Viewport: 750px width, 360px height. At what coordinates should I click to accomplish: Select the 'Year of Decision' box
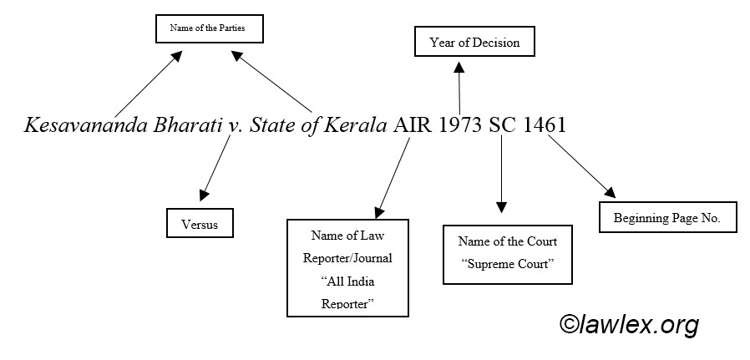[x=474, y=42]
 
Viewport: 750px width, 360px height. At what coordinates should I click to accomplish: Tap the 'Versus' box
[x=199, y=225]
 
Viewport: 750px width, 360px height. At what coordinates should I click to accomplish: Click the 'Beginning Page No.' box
[x=667, y=218]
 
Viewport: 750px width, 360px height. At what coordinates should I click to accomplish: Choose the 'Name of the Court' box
[x=507, y=254]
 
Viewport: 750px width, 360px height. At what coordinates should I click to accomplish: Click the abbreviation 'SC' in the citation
[x=504, y=126]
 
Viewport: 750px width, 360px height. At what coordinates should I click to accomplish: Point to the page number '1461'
[x=545, y=126]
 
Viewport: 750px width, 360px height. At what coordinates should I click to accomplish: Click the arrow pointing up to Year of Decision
[x=459, y=84]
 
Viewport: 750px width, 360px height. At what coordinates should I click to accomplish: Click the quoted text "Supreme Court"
[x=507, y=266]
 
